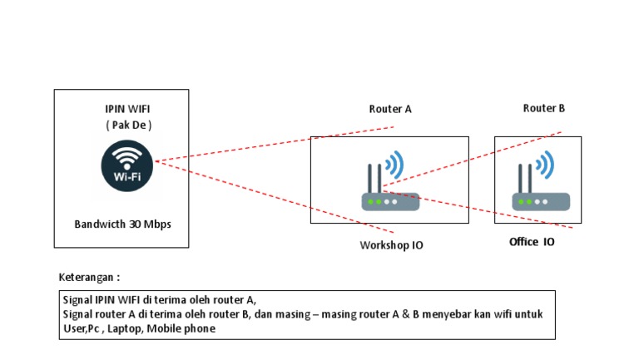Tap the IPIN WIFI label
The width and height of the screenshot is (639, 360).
(x=127, y=109)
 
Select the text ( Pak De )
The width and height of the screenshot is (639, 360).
(x=127, y=125)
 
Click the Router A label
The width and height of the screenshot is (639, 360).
(x=390, y=109)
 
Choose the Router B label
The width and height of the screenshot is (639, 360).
(x=544, y=108)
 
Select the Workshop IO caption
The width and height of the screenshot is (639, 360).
(x=392, y=245)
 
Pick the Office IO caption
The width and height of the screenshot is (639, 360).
(x=532, y=242)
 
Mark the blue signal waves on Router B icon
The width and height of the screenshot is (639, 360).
(x=546, y=165)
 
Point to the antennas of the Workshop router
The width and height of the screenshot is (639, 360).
(x=374, y=178)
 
